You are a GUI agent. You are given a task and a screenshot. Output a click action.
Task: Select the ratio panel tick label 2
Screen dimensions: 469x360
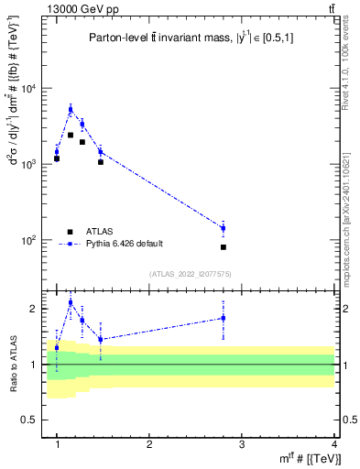coord(38,309)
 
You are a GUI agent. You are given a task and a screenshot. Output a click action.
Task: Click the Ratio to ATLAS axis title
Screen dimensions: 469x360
coord(13,364)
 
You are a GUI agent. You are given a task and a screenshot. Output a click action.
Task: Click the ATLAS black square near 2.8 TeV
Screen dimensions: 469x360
coord(224,247)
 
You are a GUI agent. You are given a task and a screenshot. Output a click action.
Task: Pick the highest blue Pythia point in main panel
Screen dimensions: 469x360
coord(71,109)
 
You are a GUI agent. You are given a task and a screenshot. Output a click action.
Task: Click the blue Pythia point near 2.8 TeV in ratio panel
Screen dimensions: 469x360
coord(224,318)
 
